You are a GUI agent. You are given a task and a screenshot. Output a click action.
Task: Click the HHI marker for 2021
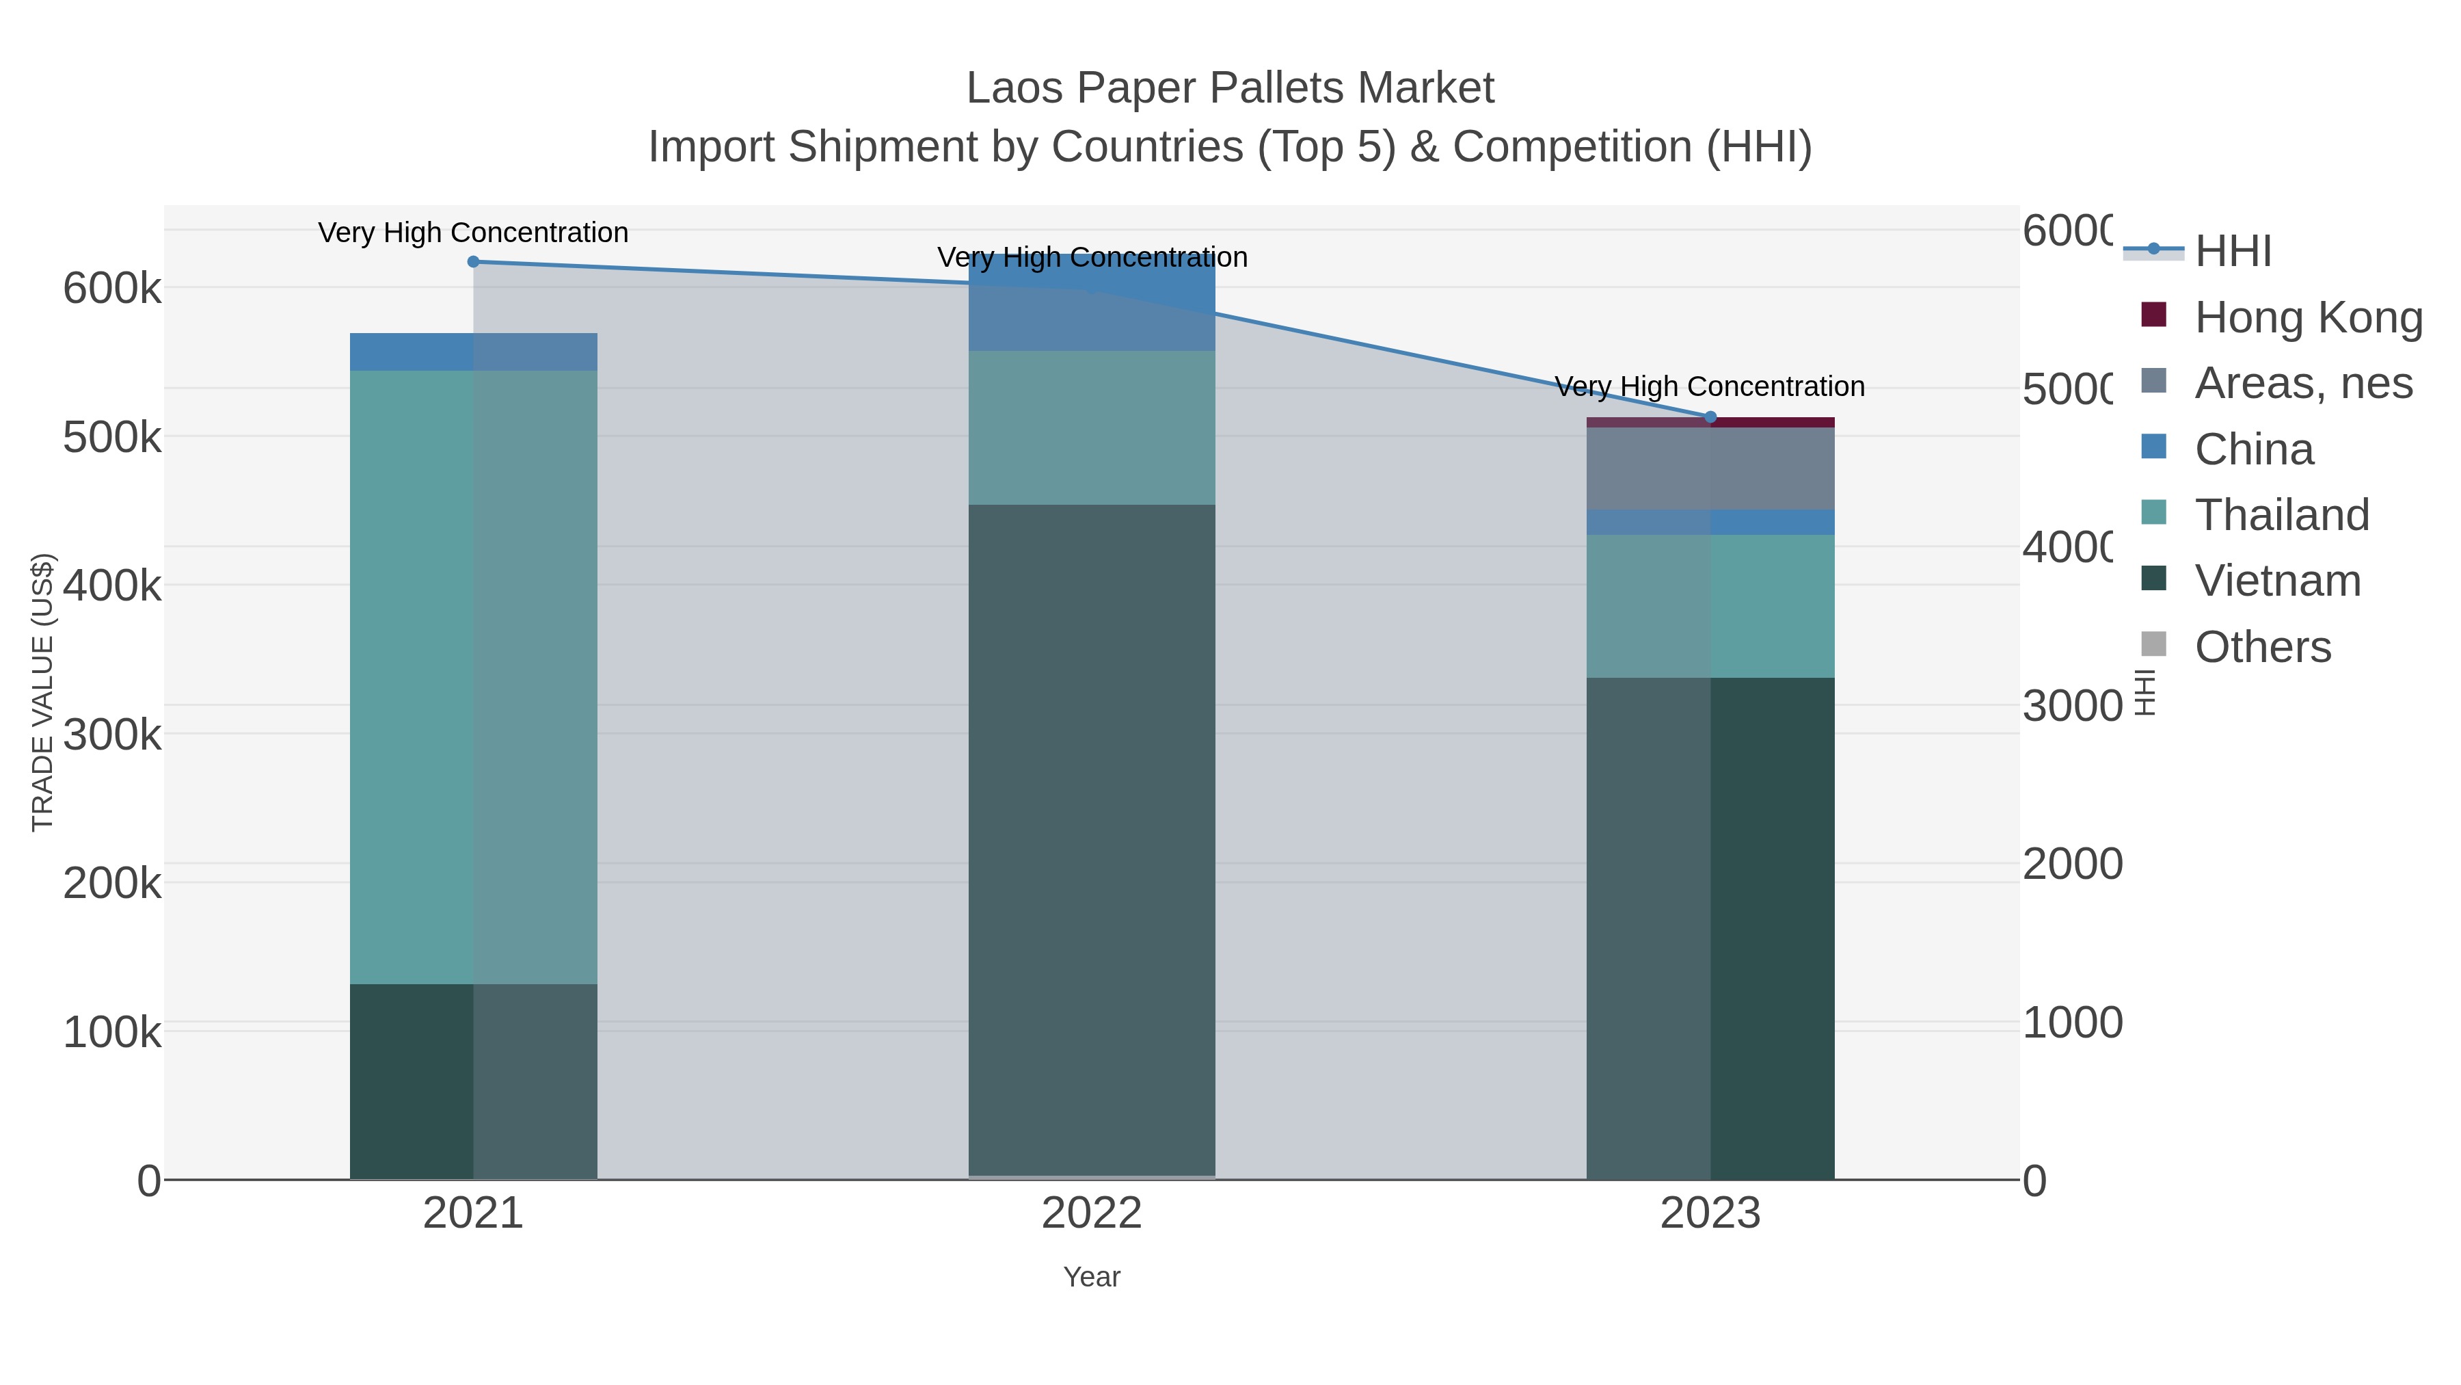coord(473,262)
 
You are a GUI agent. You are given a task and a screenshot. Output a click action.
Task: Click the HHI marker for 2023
coord(1710,417)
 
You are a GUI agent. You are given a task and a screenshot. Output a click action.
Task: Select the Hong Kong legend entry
coord(2307,317)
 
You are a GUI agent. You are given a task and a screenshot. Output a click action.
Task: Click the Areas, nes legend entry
coord(2302,383)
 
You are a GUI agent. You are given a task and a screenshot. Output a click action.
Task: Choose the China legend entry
coord(2252,449)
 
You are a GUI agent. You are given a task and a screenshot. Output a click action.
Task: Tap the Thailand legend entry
coord(2281,515)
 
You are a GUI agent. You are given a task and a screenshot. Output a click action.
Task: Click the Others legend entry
coord(2262,647)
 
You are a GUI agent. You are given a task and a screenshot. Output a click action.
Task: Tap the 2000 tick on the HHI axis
coord(2071,864)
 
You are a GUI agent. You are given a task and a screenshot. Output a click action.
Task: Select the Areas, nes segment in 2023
coord(1710,469)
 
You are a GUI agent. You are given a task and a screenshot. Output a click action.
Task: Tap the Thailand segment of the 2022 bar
coord(1091,427)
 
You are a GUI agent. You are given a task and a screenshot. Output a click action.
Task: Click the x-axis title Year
coord(1091,1277)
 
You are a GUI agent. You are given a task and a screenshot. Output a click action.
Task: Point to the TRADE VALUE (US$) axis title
coord(43,692)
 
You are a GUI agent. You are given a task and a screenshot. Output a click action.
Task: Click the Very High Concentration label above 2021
coord(473,233)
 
